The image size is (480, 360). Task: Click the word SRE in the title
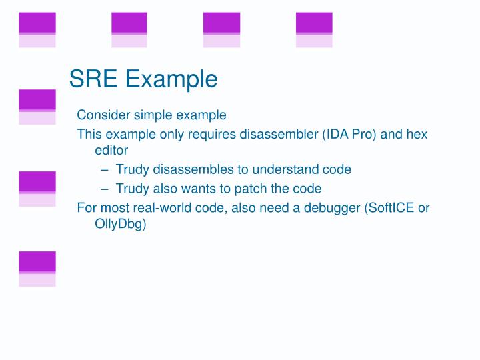click(x=93, y=79)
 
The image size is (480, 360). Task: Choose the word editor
click(x=111, y=151)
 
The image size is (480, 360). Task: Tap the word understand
click(x=289, y=169)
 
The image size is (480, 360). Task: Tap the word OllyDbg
click(x=120, y=224)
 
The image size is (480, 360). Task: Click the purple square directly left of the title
click(x=37, y=100)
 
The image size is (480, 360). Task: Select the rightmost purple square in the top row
click(x=314, y=23)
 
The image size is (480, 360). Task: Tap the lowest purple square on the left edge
click(x=37, y=262)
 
